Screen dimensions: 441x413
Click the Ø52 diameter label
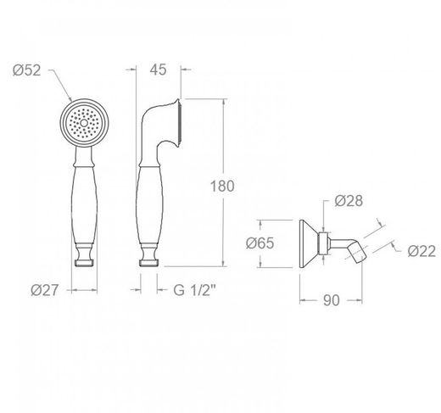pyautogui.click(x=27, y=70)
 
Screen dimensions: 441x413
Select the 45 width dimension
pyautogui.click(x=158, y=70)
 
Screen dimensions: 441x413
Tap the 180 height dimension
pyautogui.click(x=222, y=187)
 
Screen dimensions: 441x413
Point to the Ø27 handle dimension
pyautogui.click(x=44, y=290)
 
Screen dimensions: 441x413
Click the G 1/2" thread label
pyautogui.click(x=194, y=290)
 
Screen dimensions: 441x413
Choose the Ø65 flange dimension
pyautogui.click(x=260, y=243)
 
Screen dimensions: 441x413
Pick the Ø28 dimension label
pyautogui.click(x=349, y=201)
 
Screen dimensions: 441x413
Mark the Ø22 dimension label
pyautogui.click(x=421, y=251)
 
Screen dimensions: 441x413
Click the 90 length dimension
pyautogui.click(x=332, y=300)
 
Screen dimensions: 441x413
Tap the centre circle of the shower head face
pyautogui.click(x=84, y=123)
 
